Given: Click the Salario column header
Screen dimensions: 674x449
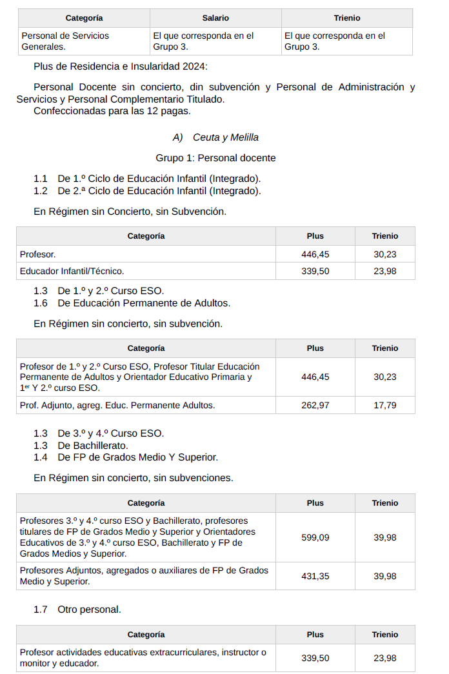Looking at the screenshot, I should [x=215, y=18].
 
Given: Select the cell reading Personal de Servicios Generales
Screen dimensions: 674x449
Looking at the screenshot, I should [x=65, y=41].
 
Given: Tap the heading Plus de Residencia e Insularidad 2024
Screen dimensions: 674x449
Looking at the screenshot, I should [x=121, y=66].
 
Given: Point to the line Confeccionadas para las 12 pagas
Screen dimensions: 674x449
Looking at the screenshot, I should [x=112, y=111].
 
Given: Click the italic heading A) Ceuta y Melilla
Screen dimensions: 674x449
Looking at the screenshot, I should [x=215, y=137].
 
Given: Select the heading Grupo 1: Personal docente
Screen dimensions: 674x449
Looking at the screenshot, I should [x=215, y=158].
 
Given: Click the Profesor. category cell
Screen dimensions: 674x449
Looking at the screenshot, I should [x=37, y=254].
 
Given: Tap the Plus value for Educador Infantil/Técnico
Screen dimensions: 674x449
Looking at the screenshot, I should [x=315, y=271].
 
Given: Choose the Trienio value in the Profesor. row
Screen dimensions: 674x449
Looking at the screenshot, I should [x=384, y=254].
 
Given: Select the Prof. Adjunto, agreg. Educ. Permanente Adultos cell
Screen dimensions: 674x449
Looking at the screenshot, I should [x=117, y=405].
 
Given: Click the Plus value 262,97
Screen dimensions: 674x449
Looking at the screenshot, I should [x=315, y=405].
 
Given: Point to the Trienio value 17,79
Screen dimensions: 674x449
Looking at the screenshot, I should [x=384, y=405].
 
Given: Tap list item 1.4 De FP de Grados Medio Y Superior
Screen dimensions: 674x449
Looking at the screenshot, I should [x=137, y=457].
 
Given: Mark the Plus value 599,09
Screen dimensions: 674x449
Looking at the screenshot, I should [x=315, y=537].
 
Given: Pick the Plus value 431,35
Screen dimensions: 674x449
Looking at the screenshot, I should [x=315, y=576].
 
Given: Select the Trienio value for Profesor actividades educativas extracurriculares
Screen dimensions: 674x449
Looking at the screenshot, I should [x=384, y=658].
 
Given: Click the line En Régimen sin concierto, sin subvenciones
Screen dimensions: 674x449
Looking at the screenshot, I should [x=133, y=478].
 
